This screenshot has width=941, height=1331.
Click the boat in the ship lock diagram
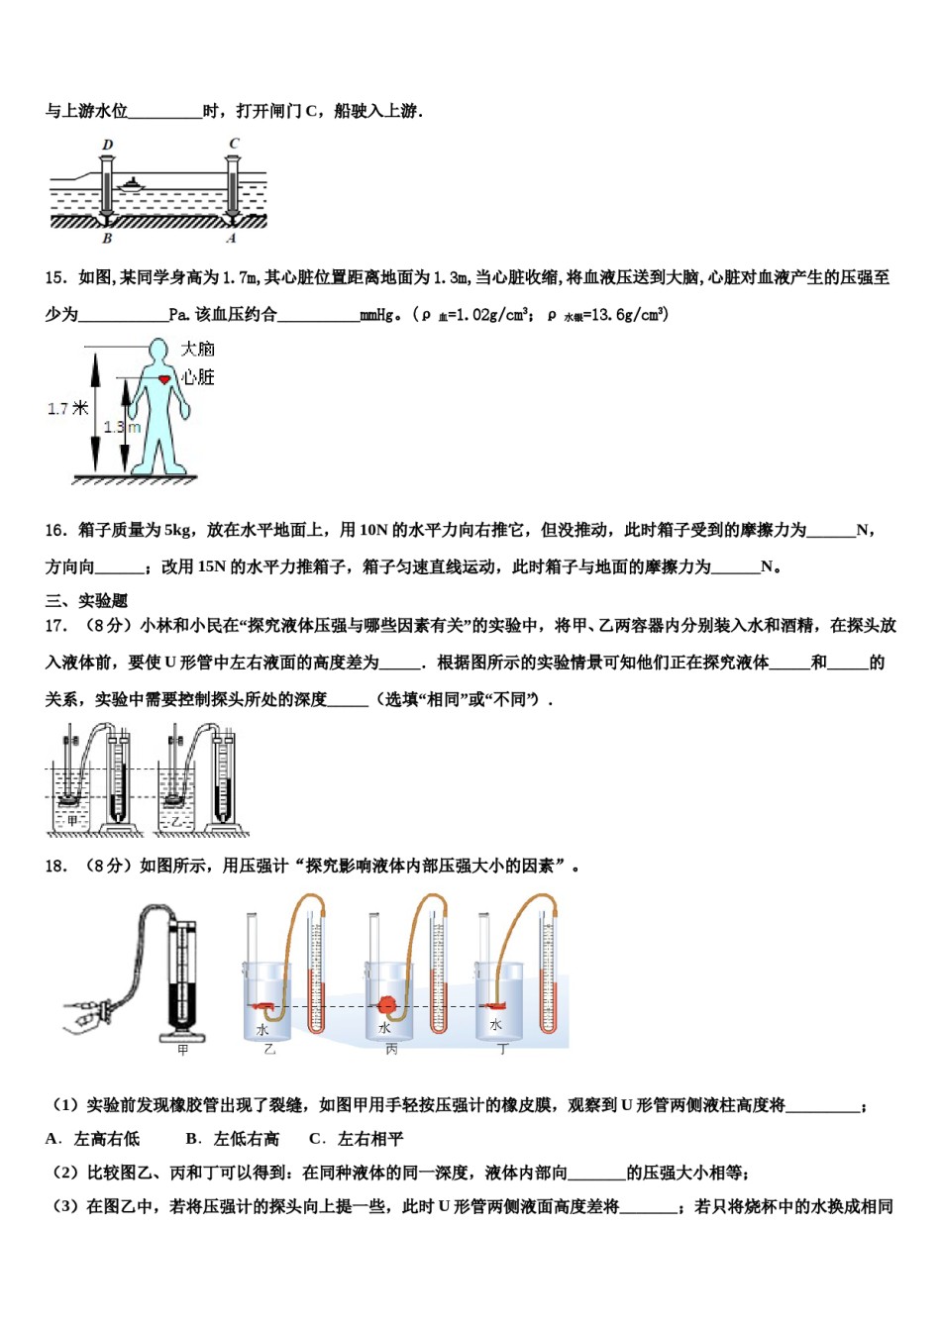[x=131, y=182]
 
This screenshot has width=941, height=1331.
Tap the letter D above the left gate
[x=107, y=145]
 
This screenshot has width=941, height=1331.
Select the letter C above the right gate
[x=234, y=144]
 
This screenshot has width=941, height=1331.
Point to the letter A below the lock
[x=232, y=239]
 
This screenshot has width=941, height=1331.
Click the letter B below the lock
[x=107, y=239]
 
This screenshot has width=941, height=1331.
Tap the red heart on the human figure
[x=165, y=378]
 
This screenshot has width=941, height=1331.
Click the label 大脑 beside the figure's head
[x=198, y=349]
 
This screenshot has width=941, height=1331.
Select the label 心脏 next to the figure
[x=198, y=377]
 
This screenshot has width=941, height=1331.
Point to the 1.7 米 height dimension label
[x=67, y=408]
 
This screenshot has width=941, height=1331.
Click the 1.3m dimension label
[x=122, y=427]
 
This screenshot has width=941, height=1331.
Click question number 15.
[x=55, y=278]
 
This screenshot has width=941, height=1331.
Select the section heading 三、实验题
[x=86, y=601]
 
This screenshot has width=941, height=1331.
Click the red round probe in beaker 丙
[x=387, y=1005]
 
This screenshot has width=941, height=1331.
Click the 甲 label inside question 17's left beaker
[x=71, y=821]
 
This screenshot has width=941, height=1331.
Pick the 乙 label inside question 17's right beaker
[x=177, y=821]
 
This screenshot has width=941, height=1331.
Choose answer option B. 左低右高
[x=233, y=1139]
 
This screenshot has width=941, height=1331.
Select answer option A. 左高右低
[x=93, y=1139]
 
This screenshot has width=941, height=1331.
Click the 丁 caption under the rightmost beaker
[x=502, y=1050]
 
